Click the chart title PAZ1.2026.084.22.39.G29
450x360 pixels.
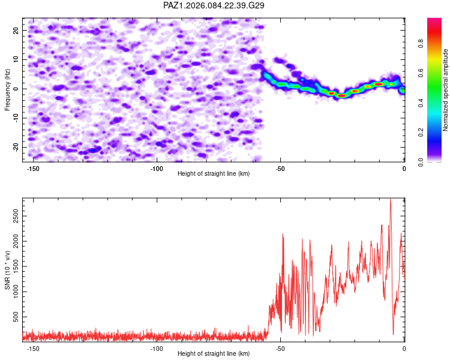214,6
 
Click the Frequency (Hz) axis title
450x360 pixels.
7,89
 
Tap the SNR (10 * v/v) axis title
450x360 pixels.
7,269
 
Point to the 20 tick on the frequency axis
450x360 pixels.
16,30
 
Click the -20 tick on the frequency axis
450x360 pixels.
15,147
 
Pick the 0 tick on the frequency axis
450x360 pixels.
18,89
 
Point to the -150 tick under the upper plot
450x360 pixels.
33,169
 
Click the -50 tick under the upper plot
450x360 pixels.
280,169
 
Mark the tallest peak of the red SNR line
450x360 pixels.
391,199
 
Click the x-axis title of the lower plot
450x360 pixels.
214,354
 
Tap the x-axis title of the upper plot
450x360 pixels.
214,174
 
